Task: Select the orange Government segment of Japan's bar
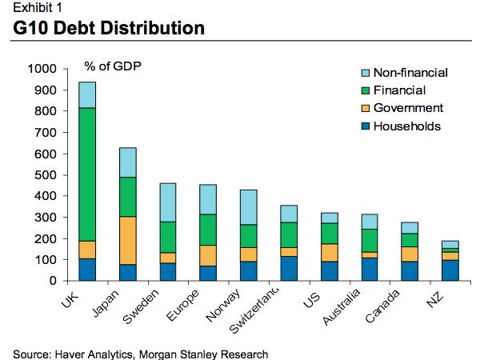click(x=128, y=240)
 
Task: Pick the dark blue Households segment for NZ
click(x=450, y=270)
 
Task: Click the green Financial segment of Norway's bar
click(x=249, y=236)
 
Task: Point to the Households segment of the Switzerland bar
click(x=289, y=268)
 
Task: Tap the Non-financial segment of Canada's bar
click(x=410, y=228)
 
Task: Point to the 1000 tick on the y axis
click(x=40, y=69)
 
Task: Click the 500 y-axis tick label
click(x=43, y=174)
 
